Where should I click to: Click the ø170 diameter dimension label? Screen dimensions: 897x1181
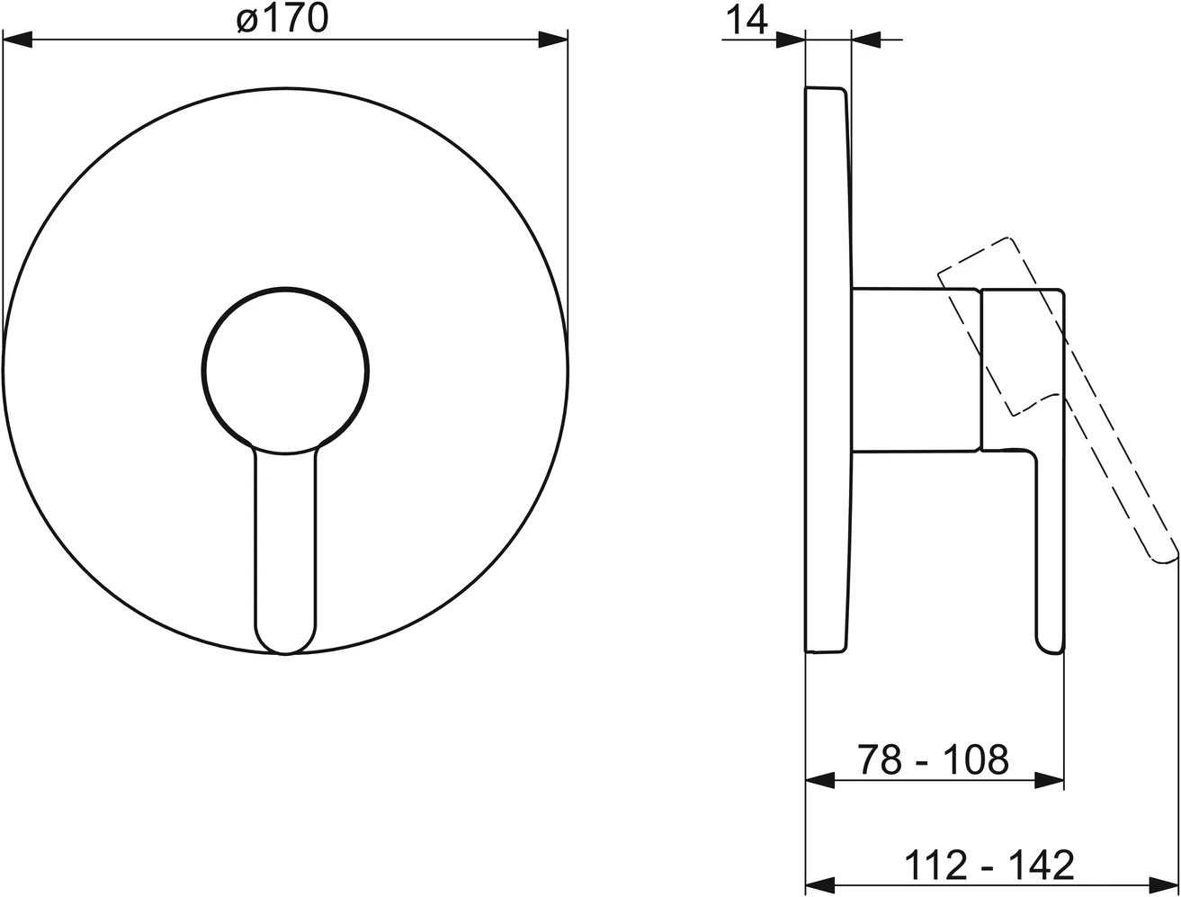(283, 20)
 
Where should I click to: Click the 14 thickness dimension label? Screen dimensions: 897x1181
(745, 20)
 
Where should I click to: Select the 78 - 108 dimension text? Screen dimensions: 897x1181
(932, 760)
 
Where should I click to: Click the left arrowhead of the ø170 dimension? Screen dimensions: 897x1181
(18, 40)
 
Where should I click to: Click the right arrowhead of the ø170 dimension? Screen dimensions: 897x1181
(553, 40)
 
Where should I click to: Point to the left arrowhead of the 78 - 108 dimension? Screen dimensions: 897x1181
(819, 781)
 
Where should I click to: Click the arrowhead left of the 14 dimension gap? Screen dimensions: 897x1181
(790, 40)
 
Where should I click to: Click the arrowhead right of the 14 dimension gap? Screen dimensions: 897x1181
(866, 40)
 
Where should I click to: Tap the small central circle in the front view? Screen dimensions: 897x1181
(285, 369)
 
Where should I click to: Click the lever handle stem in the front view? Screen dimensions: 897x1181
(285, 540)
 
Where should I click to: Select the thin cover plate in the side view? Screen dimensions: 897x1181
(826, 369)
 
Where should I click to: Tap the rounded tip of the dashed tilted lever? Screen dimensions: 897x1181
(1163, 554)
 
